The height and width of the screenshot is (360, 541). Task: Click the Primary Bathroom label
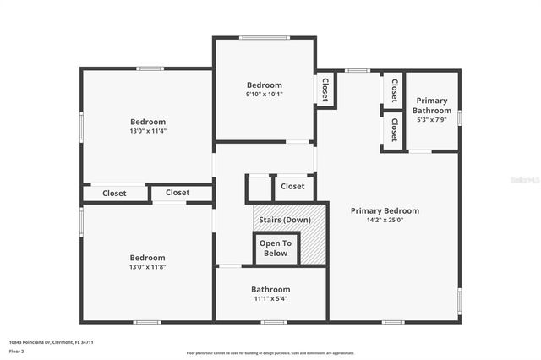[x=431, y=106]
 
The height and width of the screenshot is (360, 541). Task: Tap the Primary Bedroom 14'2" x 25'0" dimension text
[x=385, y=221]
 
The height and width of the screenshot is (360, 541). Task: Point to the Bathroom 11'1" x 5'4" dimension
[x=270, y=298]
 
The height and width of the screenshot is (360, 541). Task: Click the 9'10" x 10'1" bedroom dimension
[x=265, y=95]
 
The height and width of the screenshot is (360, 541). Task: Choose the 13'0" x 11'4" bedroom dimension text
[x=147, y=131]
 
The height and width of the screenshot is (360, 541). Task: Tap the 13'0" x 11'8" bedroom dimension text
[x=147, y=267]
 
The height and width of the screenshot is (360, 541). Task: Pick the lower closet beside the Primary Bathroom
[x=393, y=130]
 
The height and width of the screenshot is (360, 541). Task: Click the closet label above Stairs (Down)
[x=292, y=187]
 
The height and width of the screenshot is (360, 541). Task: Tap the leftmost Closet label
[x=114, y=194]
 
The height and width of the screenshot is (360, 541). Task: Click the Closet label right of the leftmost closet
[x=178, y=193]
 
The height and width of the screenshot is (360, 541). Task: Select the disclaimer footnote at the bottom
[x=270, y=353]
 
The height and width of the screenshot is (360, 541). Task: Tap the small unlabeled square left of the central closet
[x=258, y=188]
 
